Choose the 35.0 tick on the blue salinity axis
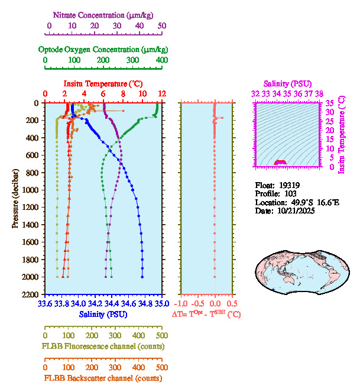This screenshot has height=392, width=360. coord(161,304)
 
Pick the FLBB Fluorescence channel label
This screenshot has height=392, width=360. coord(103,346)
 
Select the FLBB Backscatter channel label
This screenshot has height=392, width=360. coord(103,378)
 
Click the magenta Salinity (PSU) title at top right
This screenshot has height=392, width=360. coord(287,84)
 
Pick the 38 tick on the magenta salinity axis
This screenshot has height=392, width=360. coord(319,93)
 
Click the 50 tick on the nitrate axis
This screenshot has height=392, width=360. coord(161,26)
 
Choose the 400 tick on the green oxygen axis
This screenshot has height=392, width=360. coord(161,60)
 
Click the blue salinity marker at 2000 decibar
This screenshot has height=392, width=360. coord(142,277)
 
